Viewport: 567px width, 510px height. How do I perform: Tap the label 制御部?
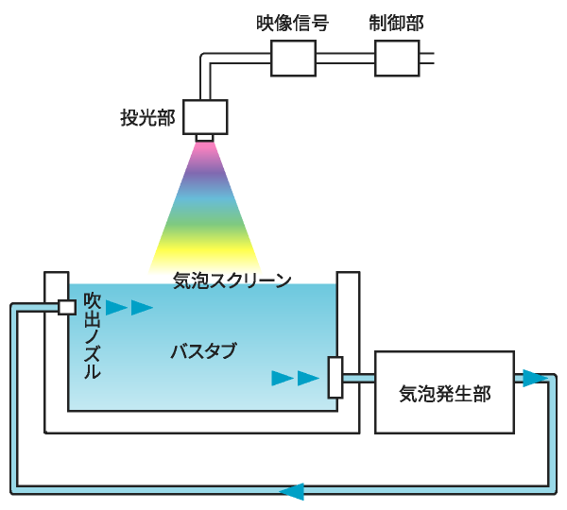click(396, 24)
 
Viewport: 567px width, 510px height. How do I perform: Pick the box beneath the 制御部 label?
click(403, 58)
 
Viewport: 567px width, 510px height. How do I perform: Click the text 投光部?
click(147, 118)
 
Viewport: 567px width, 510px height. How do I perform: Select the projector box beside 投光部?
click(206, 116)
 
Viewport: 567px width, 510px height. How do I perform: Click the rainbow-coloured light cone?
click(205, 212)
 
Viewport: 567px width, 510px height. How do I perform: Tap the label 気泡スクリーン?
click(232, 280)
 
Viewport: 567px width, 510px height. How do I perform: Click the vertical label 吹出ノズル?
click(92, 336)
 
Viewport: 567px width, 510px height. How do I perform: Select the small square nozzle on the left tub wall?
click(66, 307)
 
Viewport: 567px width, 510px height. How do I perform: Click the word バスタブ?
click(202, 352)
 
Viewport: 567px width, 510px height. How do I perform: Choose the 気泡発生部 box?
click(445, 393)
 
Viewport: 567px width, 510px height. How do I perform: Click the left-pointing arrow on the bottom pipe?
click(293, 491)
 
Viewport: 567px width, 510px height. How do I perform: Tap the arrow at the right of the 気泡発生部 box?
click(535, 378)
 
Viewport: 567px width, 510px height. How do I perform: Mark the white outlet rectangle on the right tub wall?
click(335, 378)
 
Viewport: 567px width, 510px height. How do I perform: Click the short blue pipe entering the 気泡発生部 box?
click(358, 379)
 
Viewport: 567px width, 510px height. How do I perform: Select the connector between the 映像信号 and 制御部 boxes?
click(345, 58)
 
